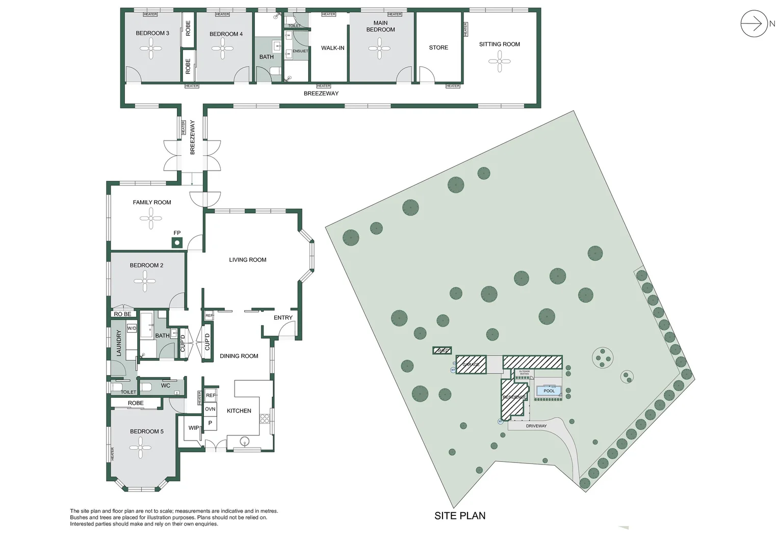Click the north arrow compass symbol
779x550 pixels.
click(754, 23)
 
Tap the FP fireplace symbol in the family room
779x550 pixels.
click(177, 242)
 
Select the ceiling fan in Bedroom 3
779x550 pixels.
click(151, 49)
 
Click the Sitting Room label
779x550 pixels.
click(499, 44)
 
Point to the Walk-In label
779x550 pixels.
click(332, 48)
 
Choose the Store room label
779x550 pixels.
click(438, 47)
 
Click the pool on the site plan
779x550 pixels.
click(549, 391)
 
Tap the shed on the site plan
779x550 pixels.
click(442, 350)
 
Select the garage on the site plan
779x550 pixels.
click(471, 365)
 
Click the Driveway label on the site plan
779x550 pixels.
click(536, 426)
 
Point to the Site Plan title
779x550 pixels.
click(459, 516)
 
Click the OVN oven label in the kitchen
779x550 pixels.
click(210, 409)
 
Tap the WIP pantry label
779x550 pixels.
click(194, 428)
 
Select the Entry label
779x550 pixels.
click(283, 318)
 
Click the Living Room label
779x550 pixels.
click(248, 260)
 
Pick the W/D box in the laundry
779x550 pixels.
click(132, 328)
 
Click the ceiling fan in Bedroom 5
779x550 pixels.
click(140, 448)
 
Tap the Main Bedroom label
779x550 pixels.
click(380, 26)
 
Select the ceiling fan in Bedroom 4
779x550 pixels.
click(223, 49)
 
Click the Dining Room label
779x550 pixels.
click(239, 356)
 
